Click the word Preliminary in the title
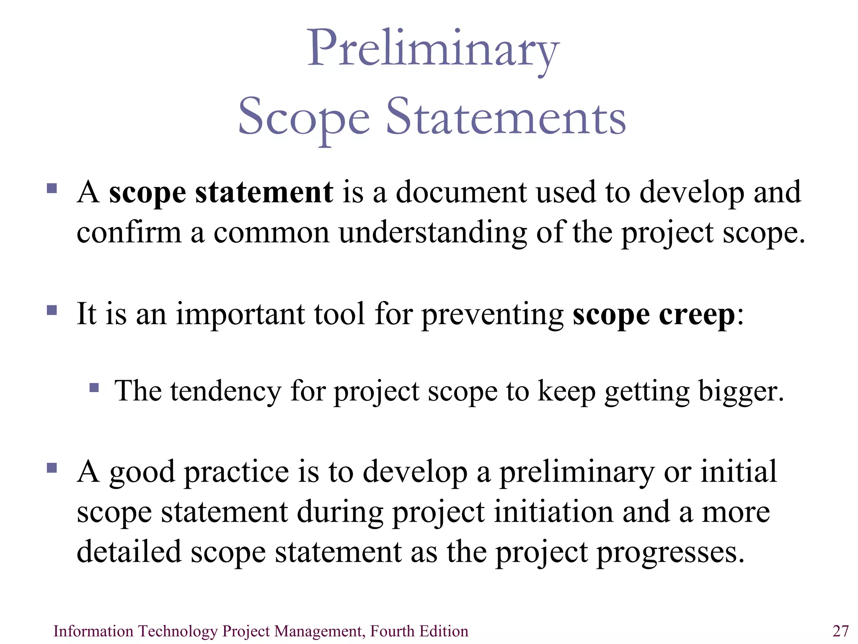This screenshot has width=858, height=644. (433, 49)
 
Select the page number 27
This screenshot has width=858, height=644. (840, 631)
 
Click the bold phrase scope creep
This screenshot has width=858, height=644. (654, 314)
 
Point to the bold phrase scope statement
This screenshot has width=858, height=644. (221, 193)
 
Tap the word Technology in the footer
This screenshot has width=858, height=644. (178, 631)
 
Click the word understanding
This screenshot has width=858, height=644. (433, 233)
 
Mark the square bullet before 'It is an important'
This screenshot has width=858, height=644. (52, 310)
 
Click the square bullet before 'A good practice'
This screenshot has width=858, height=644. (52, 467)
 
